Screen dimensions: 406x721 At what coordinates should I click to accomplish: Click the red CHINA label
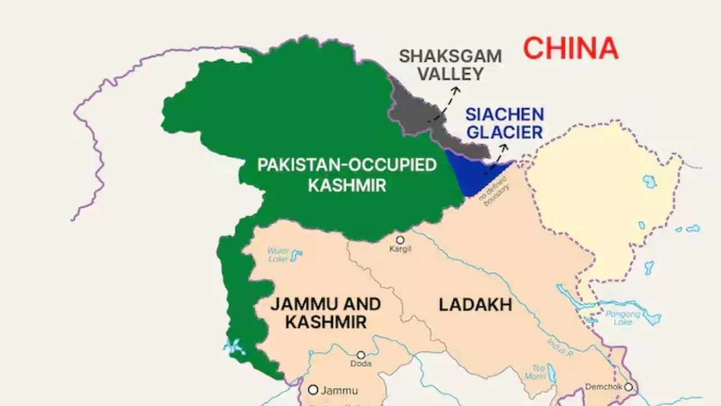click(571, 48)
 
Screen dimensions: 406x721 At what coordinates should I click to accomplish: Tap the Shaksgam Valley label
click(449, 65)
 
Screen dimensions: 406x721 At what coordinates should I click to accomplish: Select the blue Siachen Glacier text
click(504, 123)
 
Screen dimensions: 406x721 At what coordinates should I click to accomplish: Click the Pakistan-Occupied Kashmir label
click(346, 175)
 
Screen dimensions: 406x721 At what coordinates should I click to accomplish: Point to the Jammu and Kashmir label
click(326, 313)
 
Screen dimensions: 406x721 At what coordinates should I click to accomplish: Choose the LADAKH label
click(475, 305)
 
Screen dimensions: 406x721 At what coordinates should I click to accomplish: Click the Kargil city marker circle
click(400, 240)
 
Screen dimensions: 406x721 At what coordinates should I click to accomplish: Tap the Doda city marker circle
click(360, 355)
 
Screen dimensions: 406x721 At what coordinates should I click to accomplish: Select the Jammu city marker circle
click(313, 390)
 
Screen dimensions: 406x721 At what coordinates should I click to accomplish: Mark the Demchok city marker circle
click(628, 387)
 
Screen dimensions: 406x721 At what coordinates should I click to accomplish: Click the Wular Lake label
click(278, 254)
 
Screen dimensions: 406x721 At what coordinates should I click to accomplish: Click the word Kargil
click(400, 249)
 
